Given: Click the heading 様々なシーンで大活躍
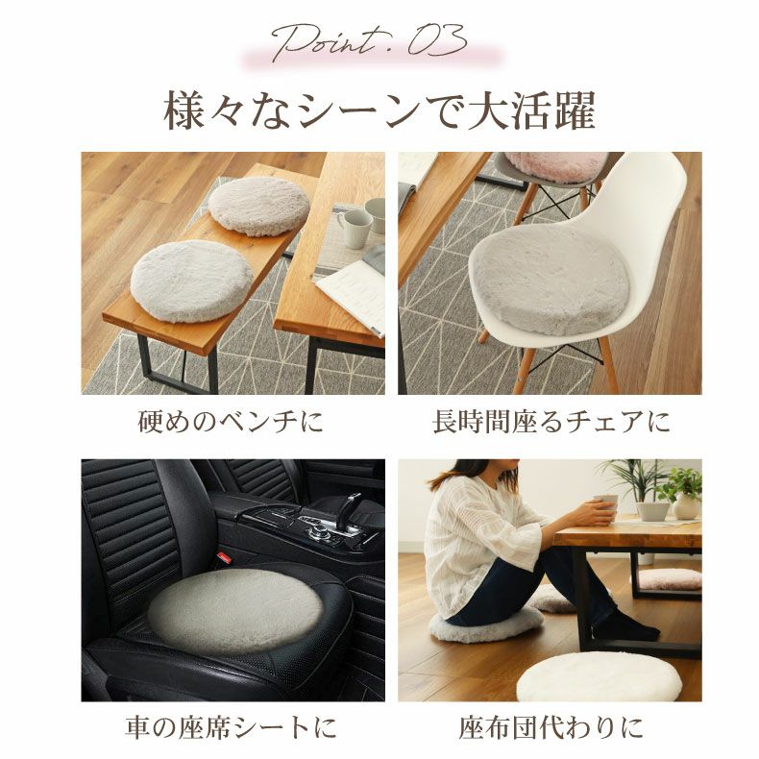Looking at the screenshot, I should pos(379,110).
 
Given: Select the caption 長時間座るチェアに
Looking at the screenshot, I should pos(551,422).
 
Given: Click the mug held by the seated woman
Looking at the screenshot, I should pos(606,504).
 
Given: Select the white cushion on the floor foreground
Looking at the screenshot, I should pos(599,676).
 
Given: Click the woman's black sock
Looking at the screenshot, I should pos(624,628).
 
